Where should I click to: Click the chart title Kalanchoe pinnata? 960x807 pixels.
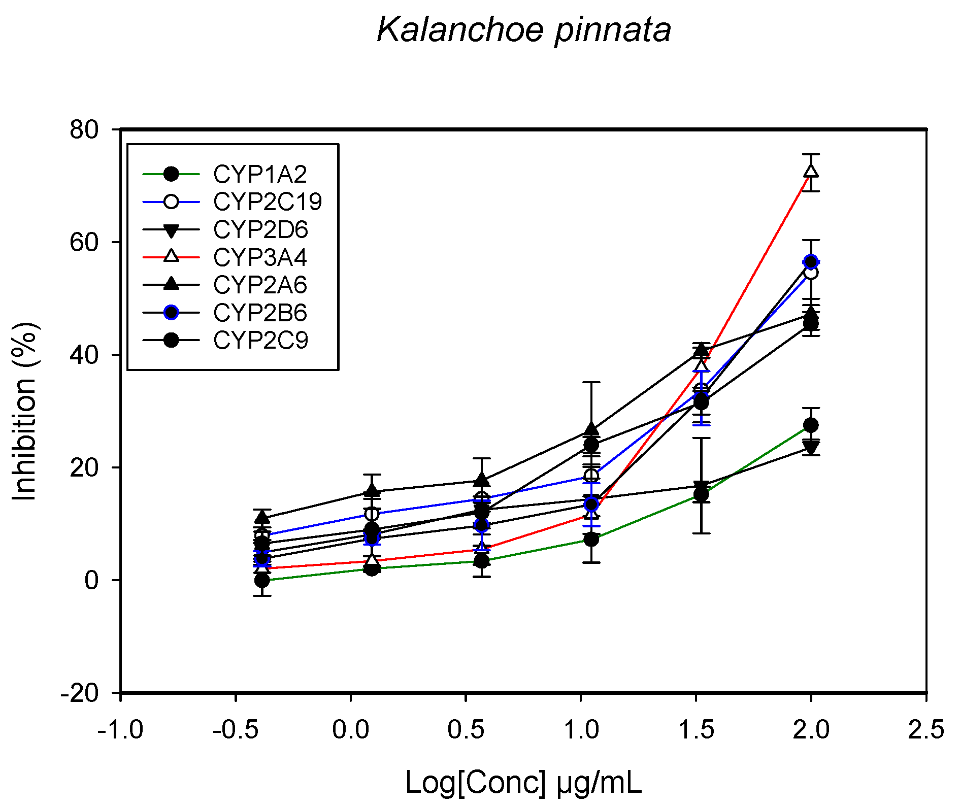523,30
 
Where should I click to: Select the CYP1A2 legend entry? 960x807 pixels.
260,175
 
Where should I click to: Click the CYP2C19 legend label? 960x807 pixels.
268,202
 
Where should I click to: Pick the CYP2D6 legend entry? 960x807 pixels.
260,230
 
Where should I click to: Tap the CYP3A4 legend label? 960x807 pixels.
260,257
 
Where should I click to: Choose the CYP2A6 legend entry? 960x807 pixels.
260,285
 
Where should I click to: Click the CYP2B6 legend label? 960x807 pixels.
260,313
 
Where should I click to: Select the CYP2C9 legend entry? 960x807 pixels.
260,341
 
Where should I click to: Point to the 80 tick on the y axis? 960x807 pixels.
84,130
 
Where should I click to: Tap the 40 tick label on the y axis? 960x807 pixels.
84,355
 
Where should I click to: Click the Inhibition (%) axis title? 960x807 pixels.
24,411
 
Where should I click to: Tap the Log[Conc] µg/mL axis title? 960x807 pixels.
523,782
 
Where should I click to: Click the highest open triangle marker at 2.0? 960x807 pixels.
811,171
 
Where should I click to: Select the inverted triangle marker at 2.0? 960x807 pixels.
811,448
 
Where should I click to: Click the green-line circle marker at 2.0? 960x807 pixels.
811,425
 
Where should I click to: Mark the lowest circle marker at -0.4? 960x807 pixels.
262,580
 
